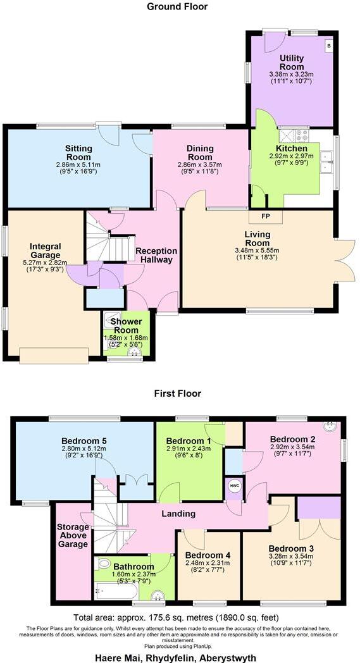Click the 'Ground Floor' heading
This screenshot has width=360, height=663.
[x=177, y=7]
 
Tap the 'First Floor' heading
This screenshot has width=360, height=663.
[x=177, y=393]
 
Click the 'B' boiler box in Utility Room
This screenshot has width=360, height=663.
[x=328, y=46]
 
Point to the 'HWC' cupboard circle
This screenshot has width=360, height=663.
[x=234, y=486]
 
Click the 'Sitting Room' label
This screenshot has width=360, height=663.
[x=78, y=149]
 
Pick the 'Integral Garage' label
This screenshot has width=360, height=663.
[x=45, y=251]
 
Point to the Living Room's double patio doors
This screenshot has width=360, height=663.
[x=344, y=261]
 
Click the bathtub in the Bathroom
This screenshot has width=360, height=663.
[x=115, y=592]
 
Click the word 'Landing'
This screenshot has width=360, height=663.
[x=178, y=514]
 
